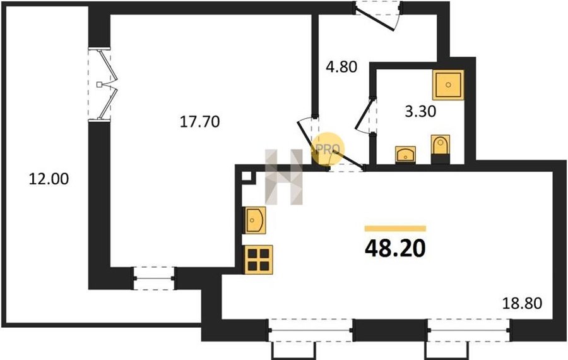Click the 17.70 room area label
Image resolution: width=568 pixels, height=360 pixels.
click(x=199, y=122)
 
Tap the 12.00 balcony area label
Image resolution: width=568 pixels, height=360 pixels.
click(x=49, y=179)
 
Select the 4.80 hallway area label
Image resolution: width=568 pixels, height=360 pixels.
click(x=341, y=67)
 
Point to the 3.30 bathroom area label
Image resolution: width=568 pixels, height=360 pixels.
click(x=420, y=111)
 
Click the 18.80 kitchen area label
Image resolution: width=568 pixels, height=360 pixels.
click(x=522, y=303)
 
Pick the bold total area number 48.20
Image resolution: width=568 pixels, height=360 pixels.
click(x=395, y=249)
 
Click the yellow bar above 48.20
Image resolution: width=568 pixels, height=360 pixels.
click(x=395, y=229)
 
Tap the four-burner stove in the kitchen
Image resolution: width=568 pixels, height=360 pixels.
click(x=259, y=260)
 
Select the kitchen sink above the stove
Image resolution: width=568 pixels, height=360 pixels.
click(x=256, y=220)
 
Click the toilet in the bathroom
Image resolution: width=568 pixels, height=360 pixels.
click(x=441, y=149)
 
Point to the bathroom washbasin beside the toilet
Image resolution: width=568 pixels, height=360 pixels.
click(x=405, y=155)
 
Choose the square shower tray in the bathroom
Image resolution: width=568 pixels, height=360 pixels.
click(x=448, y=85)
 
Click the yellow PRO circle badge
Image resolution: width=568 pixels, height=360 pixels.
click(x=328, y=149)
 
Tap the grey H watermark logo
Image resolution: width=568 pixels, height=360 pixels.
click(x=284, y=177)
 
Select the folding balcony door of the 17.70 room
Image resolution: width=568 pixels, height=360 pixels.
click(x=104, y=84)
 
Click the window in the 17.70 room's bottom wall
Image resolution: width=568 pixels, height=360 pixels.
click(x=154, y=279)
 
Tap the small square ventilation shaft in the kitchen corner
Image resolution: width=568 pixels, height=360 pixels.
click(x=247, y=176)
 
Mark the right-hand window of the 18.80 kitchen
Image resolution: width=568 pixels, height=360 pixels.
click(x=469, y=330)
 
